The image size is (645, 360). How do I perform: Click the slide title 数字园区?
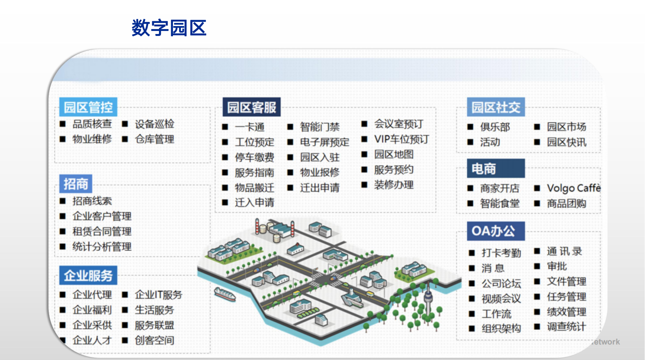(169, 28)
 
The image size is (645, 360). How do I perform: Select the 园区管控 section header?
(88, 107)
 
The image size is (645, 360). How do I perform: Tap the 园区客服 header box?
(252, 107)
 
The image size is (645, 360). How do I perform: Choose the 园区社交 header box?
(496, 107)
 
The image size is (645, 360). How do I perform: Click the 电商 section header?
(496, 168)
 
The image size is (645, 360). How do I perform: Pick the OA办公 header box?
(496, 231)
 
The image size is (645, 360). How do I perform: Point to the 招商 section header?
(76, 184)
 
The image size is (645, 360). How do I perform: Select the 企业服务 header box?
(88, 275)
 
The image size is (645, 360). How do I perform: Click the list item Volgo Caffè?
(574, 188)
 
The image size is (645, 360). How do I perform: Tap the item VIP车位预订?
(401, 139)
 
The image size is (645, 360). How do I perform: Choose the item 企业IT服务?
(159, 295)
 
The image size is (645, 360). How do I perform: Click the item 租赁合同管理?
(102, 232)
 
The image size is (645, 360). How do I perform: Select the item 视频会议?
(501, 299)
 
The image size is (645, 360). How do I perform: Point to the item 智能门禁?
(320, 127)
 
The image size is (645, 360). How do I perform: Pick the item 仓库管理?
(154, 139)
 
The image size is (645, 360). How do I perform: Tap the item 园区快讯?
(567, 142)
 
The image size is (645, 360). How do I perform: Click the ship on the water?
(225, 294)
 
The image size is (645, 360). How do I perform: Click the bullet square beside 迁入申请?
(225, 202)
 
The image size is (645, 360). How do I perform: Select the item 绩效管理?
(567, 312)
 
